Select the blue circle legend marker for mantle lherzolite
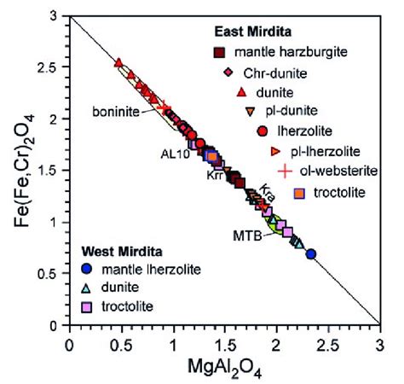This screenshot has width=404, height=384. tap(89, 270)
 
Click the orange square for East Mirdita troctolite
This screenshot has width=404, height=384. tap(298, 191)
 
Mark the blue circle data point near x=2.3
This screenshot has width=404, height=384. tap(311, 253)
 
